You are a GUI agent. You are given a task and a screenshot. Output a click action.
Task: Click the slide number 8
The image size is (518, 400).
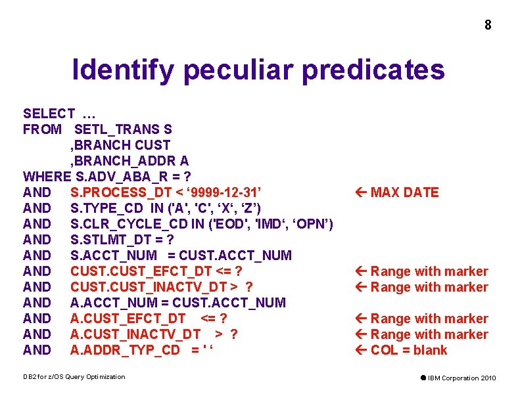pos(487,26)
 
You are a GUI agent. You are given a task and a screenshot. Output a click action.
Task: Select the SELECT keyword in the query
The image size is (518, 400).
pos(48,114)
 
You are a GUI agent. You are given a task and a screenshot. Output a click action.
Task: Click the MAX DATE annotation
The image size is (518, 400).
pos(404,192)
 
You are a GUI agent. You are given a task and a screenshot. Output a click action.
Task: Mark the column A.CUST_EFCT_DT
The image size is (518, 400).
pos(128,319)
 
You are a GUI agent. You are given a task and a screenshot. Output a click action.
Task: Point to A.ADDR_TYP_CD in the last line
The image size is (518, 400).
pos(125,350)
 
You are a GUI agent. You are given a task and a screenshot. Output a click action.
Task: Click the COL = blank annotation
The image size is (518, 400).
pos(408,350)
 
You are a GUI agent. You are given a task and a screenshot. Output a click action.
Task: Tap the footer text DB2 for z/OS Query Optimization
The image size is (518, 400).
pos(74,376)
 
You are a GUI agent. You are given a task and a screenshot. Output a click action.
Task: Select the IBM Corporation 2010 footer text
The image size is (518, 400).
pos(462,378)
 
